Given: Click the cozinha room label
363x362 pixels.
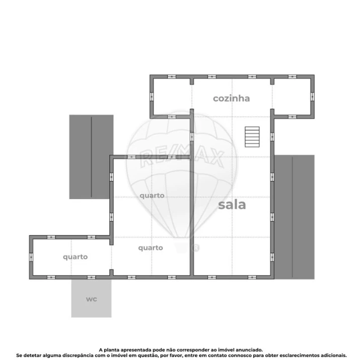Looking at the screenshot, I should (x=231, y=98).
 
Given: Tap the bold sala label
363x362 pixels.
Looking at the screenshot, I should (x=232, y=205).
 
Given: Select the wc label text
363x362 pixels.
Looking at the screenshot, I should (x=91, y=299).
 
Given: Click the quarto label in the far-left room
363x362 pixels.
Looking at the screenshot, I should (x=75, y=256).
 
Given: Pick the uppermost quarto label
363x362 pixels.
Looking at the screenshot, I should (x=152, y=196).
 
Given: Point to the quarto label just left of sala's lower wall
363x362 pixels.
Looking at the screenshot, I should (x=151, y=247).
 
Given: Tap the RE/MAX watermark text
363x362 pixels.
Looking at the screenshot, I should (x=181, y=157).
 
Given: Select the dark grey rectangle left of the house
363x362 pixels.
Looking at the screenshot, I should (x=91, y=156).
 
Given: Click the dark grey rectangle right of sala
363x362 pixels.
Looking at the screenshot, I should (x=295, y=217).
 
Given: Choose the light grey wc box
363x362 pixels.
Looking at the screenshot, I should (x=91, y=299).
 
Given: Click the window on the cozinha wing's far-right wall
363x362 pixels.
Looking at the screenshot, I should (x=312, y=96).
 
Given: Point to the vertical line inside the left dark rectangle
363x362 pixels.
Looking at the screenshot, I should (x=91, y=156).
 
